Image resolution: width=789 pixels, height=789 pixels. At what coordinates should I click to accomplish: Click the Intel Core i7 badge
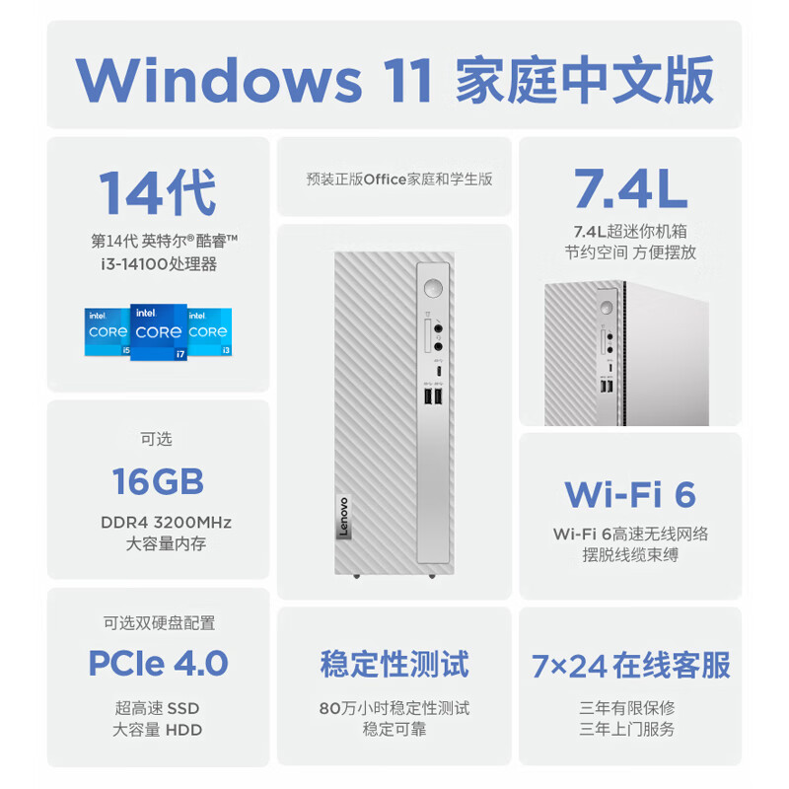pyautogui.click(x=159, y=332)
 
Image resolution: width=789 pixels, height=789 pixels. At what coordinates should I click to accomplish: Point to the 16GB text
pyautogui.click(x=158, y=481)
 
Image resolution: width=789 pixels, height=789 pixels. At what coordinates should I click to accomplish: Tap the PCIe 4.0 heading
pyautogui.click(x=158, y=663)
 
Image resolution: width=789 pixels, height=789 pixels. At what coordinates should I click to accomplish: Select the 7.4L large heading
pyautogui.click(x=630, y=187)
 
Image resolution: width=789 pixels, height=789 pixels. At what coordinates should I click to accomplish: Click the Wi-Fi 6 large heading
pyautogui.click(x=630, y=493)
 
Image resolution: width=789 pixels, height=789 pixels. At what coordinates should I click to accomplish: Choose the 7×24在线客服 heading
pyautogui.click(x=630, y=665)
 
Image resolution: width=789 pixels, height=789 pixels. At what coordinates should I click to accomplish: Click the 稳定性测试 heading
pyautogui.click(x=394, y=663)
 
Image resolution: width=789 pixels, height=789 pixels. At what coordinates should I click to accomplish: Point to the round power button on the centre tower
pyautogui.click(x=431, y=288)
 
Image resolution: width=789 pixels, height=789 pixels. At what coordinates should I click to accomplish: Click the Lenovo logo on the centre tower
pyautogui.click(x=345, y=514)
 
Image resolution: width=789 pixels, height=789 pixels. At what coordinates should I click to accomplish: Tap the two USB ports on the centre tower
pyautogui.click(x=432, y=397)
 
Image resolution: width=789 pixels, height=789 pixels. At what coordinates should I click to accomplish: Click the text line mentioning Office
pyautogui.click(x=399, y=179)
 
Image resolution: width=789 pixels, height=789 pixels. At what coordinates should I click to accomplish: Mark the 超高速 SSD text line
pyautogui.click(x=158, y=708)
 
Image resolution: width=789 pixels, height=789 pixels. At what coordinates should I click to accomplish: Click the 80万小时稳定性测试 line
pyautogui.click(x=394, y=708)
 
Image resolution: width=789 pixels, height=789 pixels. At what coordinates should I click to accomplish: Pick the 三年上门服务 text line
pyautogui.click(x=630, y=730)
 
